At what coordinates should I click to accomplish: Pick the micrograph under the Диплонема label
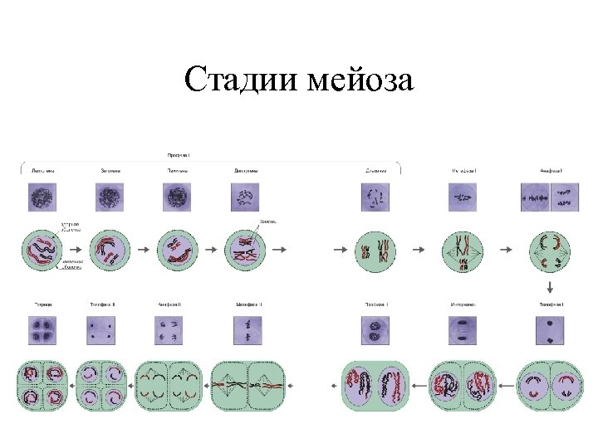pos(245,198)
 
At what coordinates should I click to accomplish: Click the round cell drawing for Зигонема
pos(108,248)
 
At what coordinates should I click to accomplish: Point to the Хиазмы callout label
pos(268,222)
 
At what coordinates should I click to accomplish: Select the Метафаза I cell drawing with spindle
pos(463,249)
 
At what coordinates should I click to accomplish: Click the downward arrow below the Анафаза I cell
pos(549,287)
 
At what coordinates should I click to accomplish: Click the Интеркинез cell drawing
pos(463,385)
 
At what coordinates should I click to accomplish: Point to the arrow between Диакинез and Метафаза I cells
pos(419,249)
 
